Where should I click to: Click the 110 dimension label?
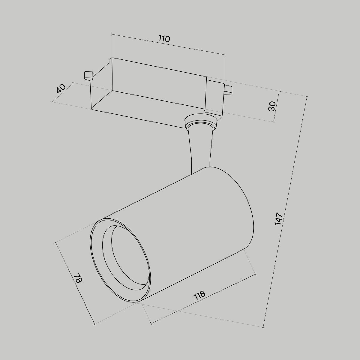point(164,39)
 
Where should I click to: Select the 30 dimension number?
point(272,106)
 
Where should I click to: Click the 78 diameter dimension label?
point(78,278)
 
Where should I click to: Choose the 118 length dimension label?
point(199,295)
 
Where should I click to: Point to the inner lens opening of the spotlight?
point(127,258)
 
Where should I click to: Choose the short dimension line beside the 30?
point(277,106)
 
